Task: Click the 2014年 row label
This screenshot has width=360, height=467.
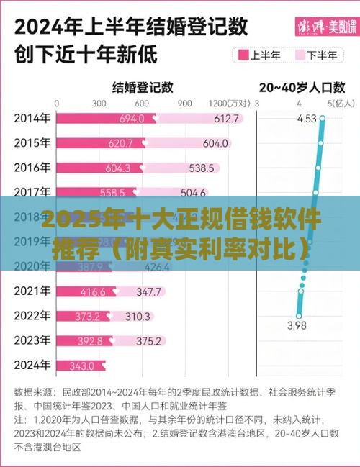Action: (32, 118)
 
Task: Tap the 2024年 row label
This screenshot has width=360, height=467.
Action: (32, 366)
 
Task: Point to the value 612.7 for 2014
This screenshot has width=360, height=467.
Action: (225, 118)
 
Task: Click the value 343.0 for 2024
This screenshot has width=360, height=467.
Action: (81, 366)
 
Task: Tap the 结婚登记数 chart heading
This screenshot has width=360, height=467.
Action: (143, 87)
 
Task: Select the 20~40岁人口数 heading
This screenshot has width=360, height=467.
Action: (302, 87)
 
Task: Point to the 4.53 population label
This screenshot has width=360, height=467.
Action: (307, 119)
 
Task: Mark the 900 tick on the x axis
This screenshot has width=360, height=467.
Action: (184, 104)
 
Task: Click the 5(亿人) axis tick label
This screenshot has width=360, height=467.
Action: (336, 104)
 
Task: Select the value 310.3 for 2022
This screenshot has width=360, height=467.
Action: (138, 316)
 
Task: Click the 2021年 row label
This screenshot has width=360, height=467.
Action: (32, 291)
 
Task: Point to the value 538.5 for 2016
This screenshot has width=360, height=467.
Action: (202, 168)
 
